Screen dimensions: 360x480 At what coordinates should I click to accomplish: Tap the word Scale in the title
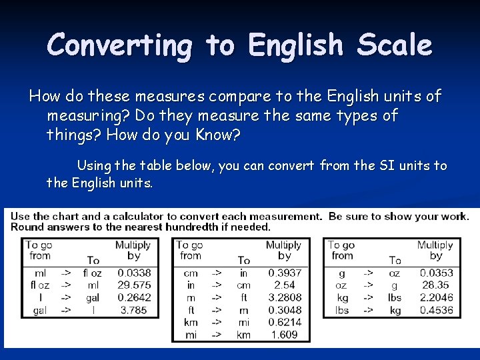(x=394, y=45)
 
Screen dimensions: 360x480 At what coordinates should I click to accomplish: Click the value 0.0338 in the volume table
(x=134, y=273)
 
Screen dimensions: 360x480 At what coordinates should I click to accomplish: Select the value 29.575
(x=134, y=285)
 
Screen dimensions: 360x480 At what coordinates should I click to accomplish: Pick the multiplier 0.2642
(x=134, y=298)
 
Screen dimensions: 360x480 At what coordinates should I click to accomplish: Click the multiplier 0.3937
(x=285, y=273)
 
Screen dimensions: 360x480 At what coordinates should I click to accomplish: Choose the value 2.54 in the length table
(x=285, y=285)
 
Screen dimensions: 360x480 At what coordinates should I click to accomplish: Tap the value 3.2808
(x=285, y=297)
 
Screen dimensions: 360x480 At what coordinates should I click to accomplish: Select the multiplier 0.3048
(x=285, y=310)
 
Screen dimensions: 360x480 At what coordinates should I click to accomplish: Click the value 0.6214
(x=285, y=322)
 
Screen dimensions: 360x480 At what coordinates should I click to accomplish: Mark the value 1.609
(x=285, y=335)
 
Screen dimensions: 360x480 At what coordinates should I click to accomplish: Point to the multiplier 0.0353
(x=437, y=273)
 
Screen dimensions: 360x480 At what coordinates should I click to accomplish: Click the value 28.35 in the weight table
(x=437, y=285)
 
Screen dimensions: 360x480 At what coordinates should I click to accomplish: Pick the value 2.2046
(x=437, y=297)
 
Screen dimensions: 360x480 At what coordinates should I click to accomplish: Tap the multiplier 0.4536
(x=437, y=310)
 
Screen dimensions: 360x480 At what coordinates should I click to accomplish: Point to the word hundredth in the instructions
(x=205, y=227)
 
